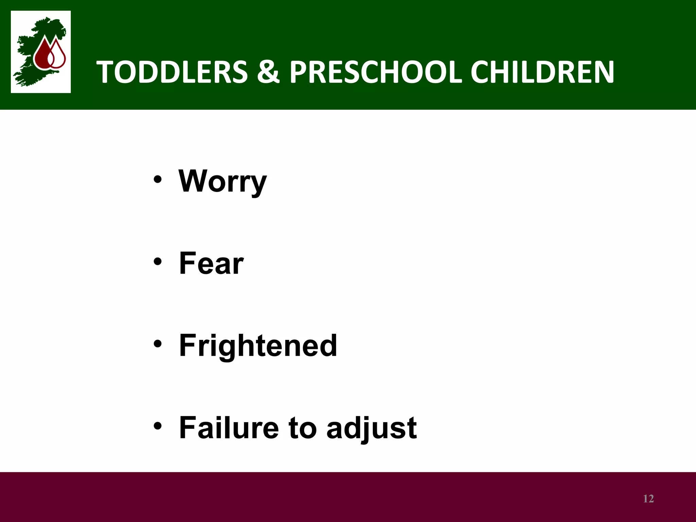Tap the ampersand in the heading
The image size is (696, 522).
[x=268, y=72]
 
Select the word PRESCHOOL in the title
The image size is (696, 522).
[x=375, y=72]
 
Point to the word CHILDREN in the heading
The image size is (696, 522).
[x=542, y=72]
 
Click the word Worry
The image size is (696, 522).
[x=223, y=182]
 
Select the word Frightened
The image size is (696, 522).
[x=258, y=346]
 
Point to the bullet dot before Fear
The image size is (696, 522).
[x=157, y=261]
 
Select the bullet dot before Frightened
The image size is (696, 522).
[x=157, y=344]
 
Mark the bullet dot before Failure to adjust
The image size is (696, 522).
[x=157, y=425]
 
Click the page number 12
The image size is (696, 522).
[x=648, y=499]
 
